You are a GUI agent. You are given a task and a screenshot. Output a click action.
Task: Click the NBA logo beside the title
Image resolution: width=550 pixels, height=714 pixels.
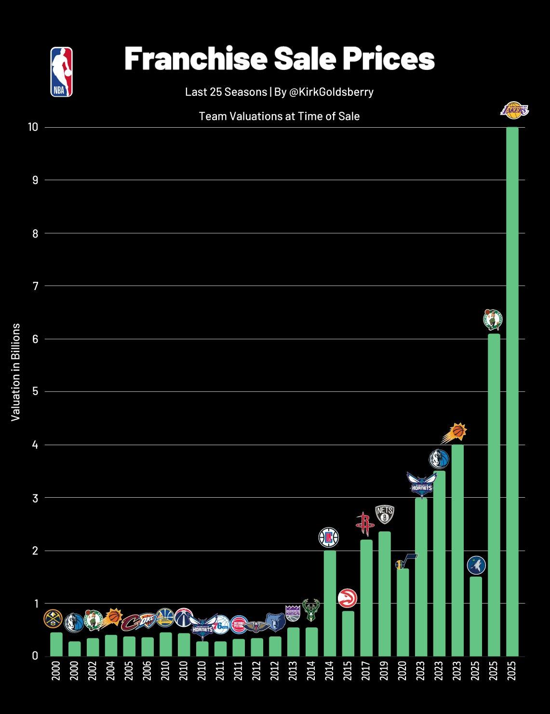62,72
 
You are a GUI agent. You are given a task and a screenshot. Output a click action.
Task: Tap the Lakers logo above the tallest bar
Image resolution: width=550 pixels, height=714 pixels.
514,111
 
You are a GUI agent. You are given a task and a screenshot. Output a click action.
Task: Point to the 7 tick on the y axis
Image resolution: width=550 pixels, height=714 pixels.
35,286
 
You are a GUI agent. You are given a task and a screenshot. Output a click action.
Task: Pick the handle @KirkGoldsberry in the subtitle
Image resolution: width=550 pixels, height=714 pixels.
331,92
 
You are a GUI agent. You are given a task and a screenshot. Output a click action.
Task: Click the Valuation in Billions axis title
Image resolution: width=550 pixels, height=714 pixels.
16,372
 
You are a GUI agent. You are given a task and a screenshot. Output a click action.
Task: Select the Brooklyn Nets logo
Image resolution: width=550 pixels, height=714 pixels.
385,515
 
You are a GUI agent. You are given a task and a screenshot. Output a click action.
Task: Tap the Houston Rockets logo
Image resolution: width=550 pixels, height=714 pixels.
365,524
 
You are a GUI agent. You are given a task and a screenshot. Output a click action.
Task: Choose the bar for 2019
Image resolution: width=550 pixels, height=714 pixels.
385,594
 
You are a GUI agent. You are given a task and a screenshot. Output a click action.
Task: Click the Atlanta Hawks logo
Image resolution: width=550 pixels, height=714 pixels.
347,598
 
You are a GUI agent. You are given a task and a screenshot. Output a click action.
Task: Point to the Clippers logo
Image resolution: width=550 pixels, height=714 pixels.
329,537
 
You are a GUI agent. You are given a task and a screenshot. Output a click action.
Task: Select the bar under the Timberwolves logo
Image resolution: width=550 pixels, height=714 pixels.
476,616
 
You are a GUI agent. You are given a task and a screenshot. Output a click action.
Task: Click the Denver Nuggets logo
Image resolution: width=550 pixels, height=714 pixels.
53,619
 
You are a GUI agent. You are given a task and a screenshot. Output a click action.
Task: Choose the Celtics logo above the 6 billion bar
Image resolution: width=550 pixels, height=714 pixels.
493,319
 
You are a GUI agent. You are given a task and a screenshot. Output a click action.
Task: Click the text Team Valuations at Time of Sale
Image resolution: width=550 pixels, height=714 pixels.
279,116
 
